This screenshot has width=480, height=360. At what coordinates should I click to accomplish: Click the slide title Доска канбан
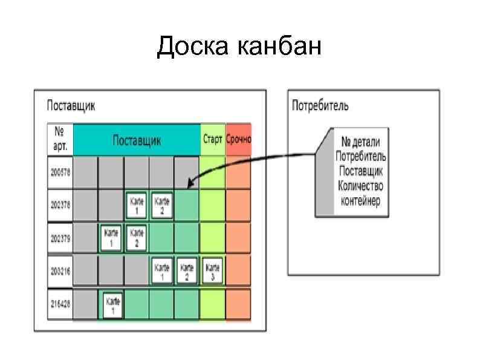(239, 47)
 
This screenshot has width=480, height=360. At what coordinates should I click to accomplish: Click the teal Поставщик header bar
(137, 140)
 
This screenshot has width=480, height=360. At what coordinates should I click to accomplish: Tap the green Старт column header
(212, 139)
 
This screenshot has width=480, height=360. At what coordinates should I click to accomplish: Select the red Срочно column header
(238, 139)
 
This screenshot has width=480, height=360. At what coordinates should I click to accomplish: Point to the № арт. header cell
(60, 140)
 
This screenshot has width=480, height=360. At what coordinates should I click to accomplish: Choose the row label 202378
(60, 205)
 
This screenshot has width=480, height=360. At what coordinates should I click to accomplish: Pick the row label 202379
(60, 238)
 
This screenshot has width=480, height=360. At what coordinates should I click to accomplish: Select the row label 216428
(60, 304)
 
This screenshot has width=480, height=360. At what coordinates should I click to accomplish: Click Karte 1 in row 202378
(137, 205)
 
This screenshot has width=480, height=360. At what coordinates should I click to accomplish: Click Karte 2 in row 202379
(137, 238)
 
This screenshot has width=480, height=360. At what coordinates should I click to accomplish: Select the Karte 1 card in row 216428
(112, 304)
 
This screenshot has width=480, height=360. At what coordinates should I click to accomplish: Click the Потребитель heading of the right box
(320, 106)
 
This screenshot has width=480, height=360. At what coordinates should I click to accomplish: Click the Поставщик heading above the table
(71, 106)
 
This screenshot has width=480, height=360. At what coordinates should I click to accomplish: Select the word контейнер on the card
(361, 201)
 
